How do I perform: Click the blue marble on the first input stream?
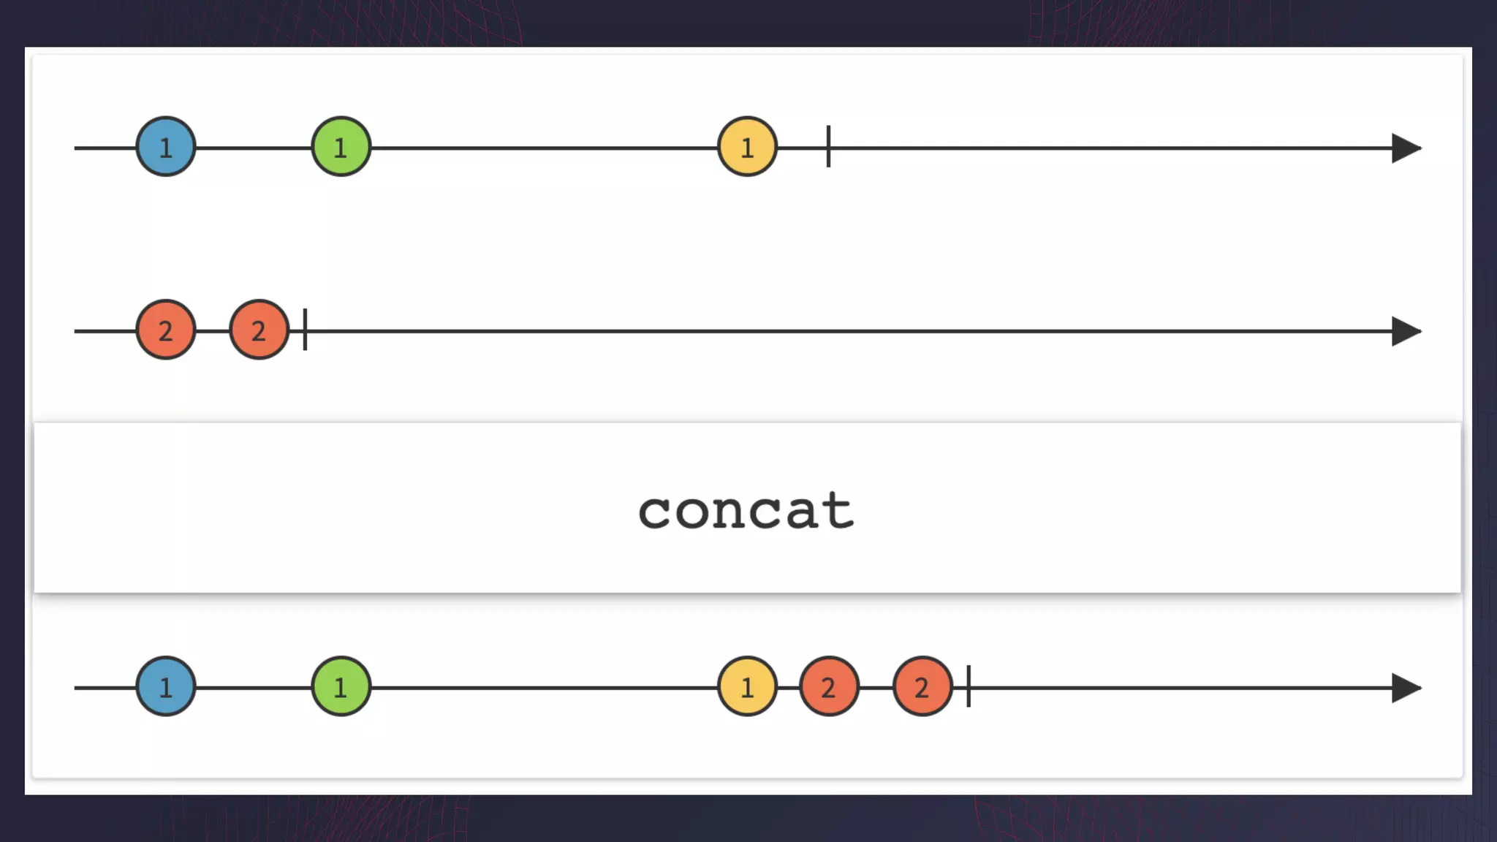[166, 147]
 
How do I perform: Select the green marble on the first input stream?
[341, 147]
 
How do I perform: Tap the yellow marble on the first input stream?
[747, 147]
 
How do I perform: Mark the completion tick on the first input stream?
[828, 146]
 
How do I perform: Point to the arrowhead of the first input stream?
[1405, 148]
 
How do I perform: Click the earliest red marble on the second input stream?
[166, 330]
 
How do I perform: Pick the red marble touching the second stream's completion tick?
[259, 330]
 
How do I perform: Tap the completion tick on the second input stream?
[305, 329]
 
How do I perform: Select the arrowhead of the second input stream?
[1405, 331]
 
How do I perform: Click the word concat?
[746, 509]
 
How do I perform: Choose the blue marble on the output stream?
[166, 686]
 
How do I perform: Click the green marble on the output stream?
[341, 686]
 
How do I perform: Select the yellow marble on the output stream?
[747, 686]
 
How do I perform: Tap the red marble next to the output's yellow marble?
[829, 686]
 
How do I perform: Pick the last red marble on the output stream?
[922, 686]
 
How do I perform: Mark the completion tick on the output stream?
[969, 686]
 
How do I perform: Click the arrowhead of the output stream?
[1405, 688]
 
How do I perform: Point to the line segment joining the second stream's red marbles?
[213, 331]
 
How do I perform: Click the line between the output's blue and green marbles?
[254, 688]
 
